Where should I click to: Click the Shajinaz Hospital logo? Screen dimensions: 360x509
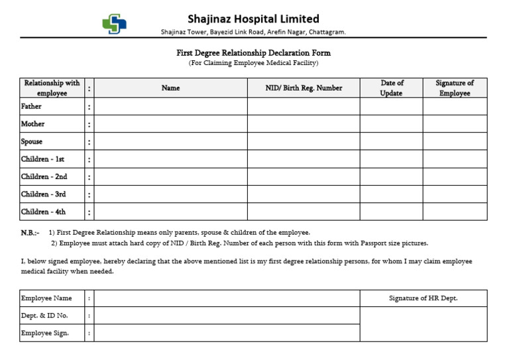(115, 24)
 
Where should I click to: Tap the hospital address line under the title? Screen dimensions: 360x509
(253, 32)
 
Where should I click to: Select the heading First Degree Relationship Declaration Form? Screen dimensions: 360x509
(253, 53)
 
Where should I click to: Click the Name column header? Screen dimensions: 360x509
(170, 88)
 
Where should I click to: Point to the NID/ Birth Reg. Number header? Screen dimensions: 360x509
(304, 88)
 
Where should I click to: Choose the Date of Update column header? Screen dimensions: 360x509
(392, 88)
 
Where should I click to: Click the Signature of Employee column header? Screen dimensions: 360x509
(455, 88)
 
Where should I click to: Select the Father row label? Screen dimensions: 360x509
(31, 106)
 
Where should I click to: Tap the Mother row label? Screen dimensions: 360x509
(33, 124)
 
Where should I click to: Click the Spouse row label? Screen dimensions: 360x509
(32, 141)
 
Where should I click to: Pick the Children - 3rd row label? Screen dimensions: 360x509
(44, 194)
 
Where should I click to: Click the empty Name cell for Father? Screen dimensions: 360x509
(170, 106)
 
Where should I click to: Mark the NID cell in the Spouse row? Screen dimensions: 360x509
(304, 141)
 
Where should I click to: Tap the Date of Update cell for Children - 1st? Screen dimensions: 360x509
(392, 159)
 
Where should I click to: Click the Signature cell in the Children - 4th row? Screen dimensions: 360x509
(455, 212)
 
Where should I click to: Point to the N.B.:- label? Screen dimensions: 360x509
(30, 233)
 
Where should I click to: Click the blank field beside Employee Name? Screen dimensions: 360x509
(227, 298)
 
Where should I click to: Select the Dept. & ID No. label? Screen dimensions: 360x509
(44, 316)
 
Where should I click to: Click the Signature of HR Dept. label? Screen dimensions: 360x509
(423, 298)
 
